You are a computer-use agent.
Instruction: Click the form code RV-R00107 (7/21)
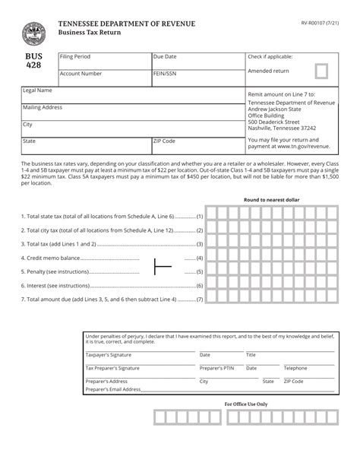316,23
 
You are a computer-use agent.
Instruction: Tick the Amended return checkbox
321,72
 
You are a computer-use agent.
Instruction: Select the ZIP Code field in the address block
197,146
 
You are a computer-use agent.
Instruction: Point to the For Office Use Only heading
245,404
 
